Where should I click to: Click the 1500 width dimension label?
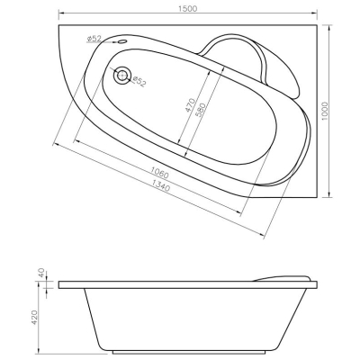188,9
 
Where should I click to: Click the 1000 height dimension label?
325,112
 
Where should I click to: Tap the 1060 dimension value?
159,173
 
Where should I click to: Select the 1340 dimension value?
161,185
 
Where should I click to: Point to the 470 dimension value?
190,105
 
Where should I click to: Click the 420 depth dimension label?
34,317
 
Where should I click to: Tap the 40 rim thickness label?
41,273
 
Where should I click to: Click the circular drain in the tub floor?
122,76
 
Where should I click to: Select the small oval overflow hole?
122,41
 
